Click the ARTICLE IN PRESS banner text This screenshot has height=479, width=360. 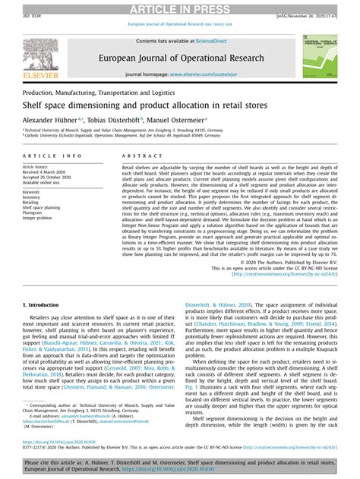[x=180, y=8]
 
